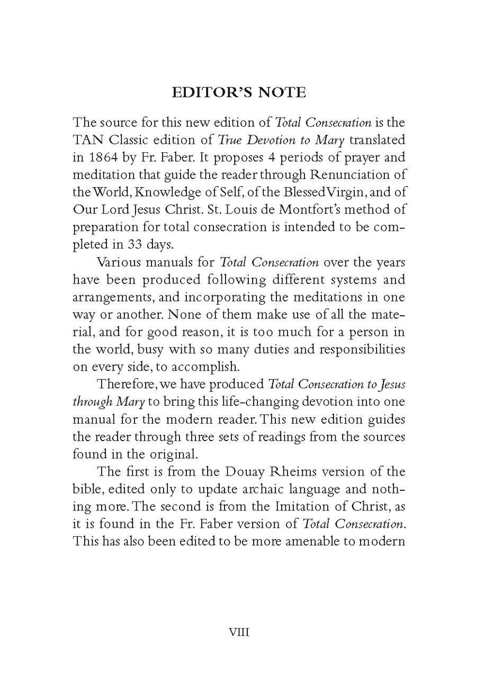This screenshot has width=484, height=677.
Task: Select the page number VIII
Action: [239, 632]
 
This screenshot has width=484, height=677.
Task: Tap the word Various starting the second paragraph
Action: [120, 262]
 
